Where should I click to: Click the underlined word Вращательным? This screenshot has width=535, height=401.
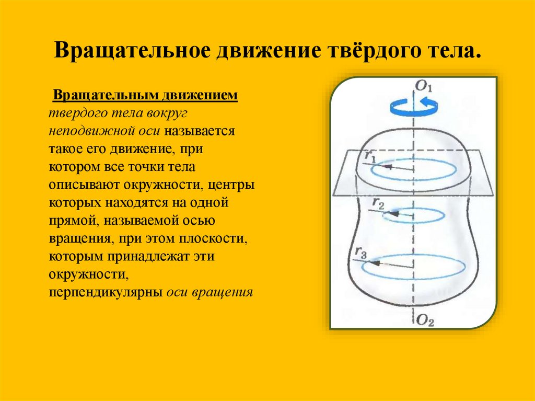pyautogui.click(x=95, y=96)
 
